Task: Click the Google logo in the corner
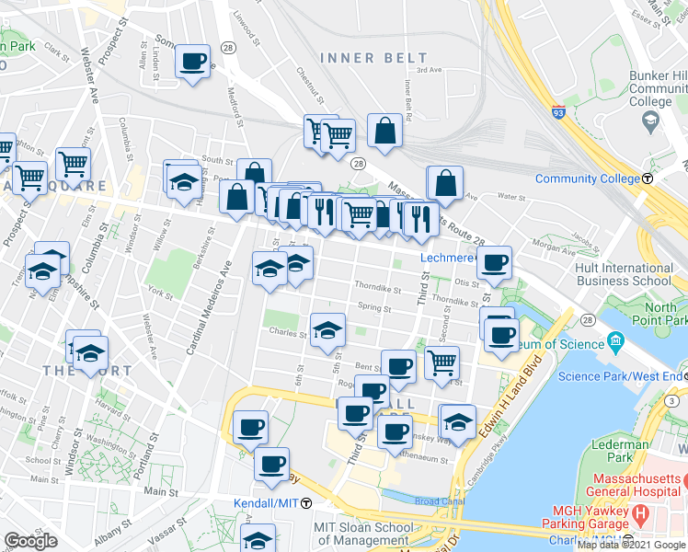pos(30,541)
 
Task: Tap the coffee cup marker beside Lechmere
pos(495,262)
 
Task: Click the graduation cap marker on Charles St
pos(327,331)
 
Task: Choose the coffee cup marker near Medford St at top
pos(192,62)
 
